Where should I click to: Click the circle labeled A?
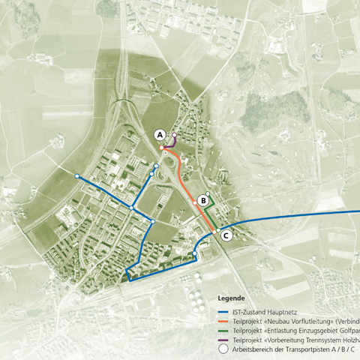[159, 134]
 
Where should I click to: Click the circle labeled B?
[203, 200]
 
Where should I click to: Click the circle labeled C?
[226, 235]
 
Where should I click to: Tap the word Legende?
[230, 298]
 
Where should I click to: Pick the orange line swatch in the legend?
[222, 322]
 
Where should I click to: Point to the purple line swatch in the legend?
[222, 340]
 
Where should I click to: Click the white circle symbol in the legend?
[222, 349]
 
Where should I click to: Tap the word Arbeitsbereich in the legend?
[256, 349]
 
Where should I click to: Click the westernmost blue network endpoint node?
[76, 175]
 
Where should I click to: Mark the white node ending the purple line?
[175, 135]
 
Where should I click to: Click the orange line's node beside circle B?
[195, 202]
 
